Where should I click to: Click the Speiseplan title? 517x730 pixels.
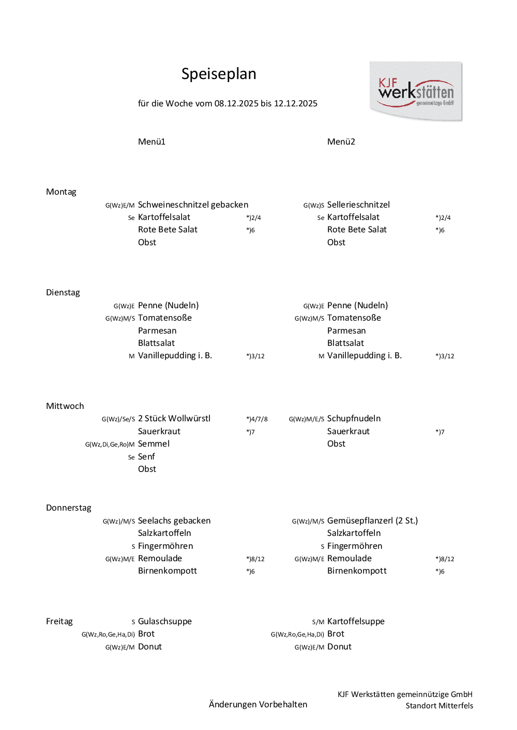tap(219, 74)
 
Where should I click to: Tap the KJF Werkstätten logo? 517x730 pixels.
tap(416, 92)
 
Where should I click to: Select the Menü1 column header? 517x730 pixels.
tap(151, 141)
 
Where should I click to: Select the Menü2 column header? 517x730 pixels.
tap(341, 141)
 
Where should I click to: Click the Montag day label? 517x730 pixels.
tap(61, 192)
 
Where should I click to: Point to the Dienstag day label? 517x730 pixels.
tap(63, 292)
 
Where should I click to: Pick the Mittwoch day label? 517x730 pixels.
tap(65, 406)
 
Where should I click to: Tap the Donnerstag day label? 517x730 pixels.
tap(68, 507)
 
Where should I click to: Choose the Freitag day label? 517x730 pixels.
tap(59, 621)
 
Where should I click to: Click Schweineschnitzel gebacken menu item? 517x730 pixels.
tap(193, 204)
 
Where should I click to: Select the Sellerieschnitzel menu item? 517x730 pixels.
tap(358, 204)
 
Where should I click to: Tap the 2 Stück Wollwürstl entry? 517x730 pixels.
tap(174, 418)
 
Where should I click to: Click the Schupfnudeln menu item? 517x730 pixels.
tap(354, 418)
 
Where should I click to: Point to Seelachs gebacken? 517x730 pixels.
tap(174, 520)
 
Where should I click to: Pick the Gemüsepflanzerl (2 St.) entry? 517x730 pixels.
tap(372, 520)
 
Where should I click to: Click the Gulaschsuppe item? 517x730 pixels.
tap(164, 621)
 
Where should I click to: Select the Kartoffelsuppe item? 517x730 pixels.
tap(356, 621)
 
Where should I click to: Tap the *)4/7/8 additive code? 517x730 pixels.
tap(257, 419)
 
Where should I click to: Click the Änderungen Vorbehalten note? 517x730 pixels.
tap(258, 704)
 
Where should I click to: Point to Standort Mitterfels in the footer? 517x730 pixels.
tap(439, 706)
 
